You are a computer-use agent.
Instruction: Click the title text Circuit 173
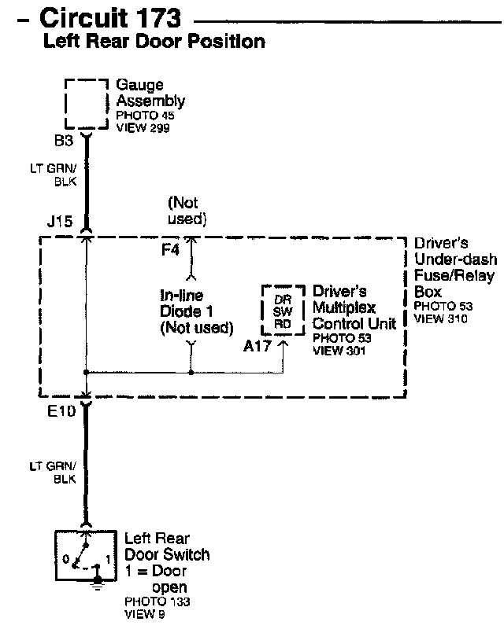(110, 17)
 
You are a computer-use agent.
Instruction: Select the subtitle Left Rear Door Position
(154, 41)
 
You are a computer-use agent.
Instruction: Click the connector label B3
(64, 141)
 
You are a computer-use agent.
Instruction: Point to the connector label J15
(60, 221)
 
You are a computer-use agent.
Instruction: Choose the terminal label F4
(170, 250)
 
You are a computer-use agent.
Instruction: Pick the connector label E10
(61, 411)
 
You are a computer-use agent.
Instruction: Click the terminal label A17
(258, 346)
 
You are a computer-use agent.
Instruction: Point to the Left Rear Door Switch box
(55, 556)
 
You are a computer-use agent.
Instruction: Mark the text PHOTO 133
(157, 601)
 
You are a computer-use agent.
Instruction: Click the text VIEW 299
(143, 128)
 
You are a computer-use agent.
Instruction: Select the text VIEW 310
(440, 319)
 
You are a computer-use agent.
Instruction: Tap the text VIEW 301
(339, 351)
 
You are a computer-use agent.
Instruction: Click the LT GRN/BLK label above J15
(54, 175)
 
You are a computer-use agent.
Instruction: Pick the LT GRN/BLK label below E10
(53, 473)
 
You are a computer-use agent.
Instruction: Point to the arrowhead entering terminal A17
(283, 344)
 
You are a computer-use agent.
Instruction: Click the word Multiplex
(344, 308)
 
